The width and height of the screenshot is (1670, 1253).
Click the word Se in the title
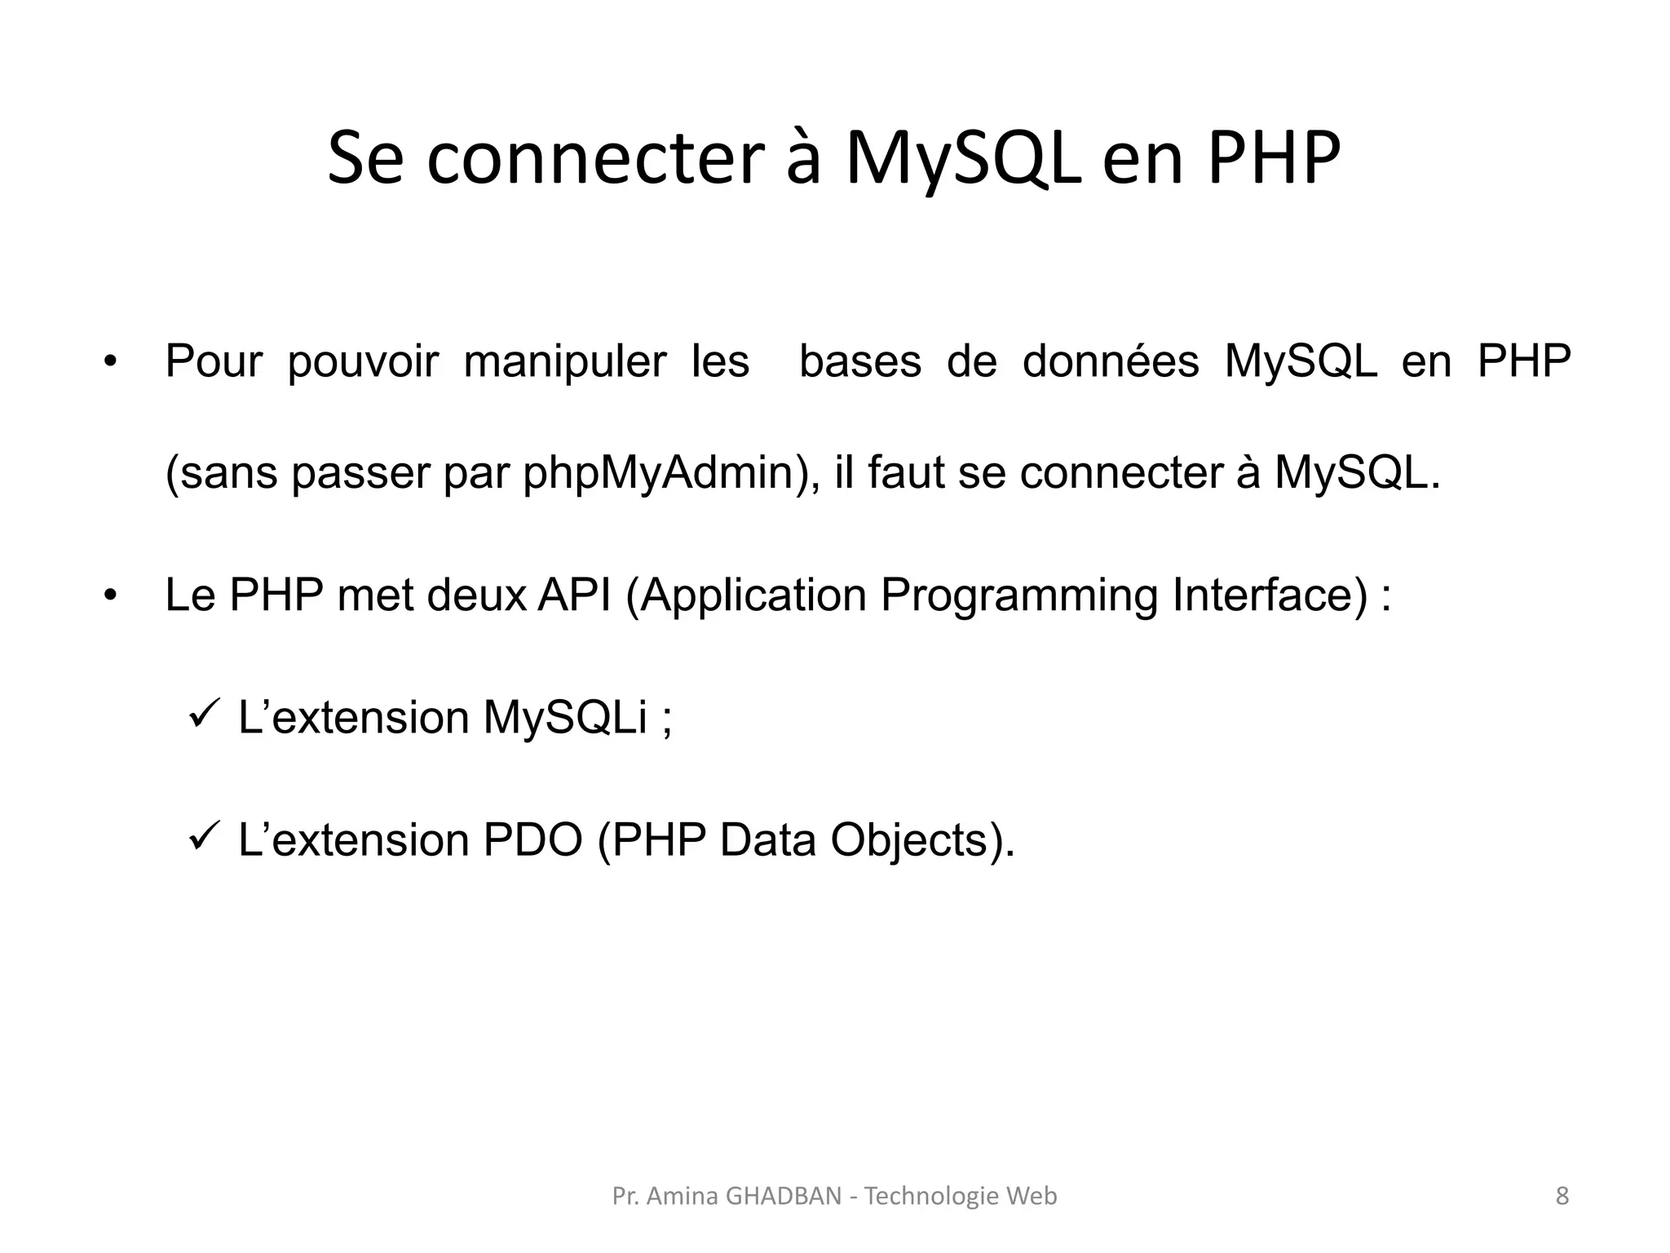(x=365, y=158)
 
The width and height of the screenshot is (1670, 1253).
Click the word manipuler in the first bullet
(x=565, y=361)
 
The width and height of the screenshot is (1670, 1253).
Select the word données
(x=1111, y=361)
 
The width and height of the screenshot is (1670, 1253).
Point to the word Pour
(x=214, y=361)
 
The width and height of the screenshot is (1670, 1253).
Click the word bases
(x=860, y=361)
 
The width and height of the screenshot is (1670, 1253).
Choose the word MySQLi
(x=564, y=718)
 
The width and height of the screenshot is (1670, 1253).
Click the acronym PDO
(x=532, y=840)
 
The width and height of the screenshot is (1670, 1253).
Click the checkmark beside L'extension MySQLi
(x=201, y=715)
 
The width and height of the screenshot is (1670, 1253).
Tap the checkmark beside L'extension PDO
(x=201, y=837)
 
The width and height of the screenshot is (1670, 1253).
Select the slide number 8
(x=1562, y=1196)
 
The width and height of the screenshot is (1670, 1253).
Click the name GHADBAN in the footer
(x=783, y=1196)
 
